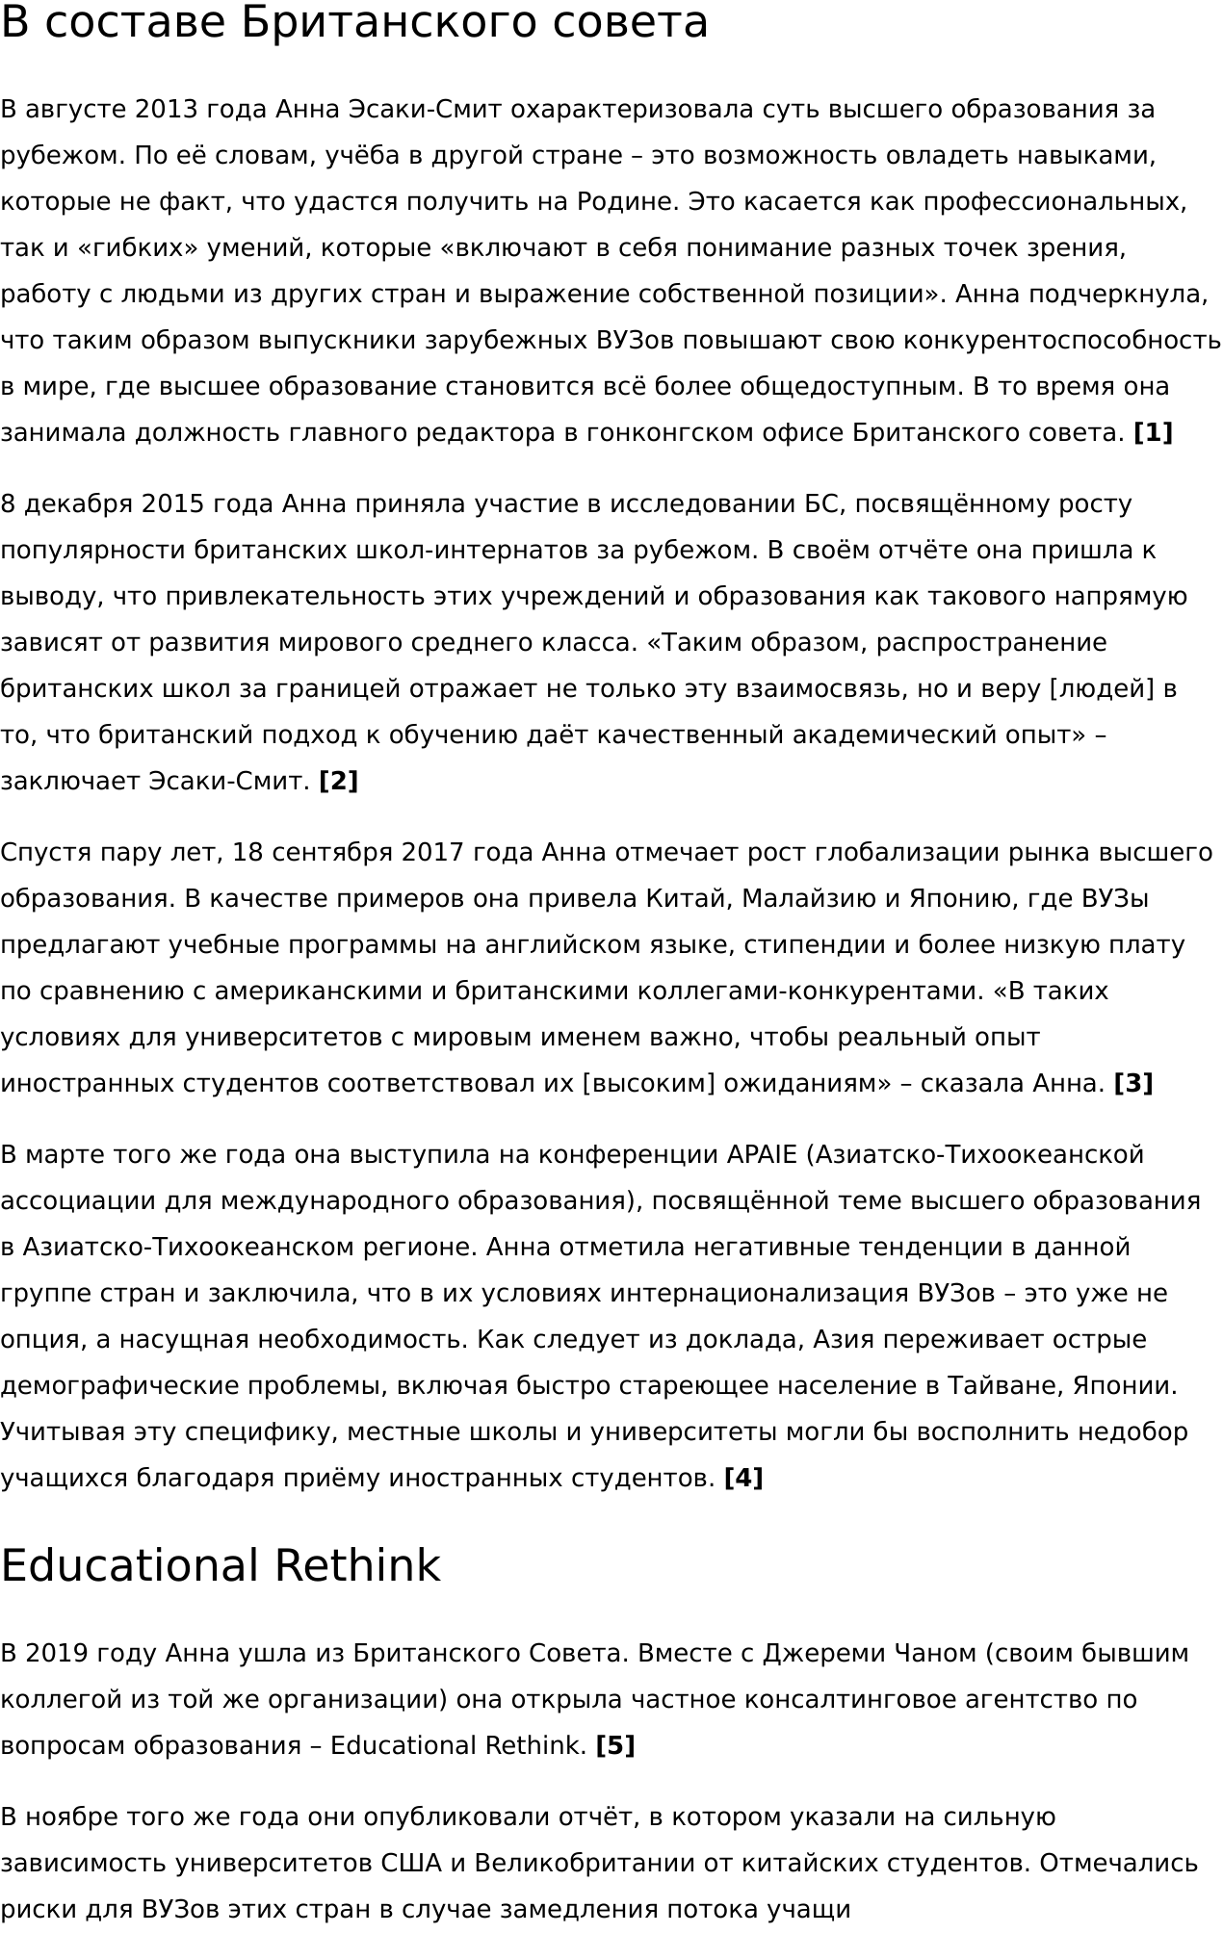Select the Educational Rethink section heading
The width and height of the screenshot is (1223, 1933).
coord(220,1566)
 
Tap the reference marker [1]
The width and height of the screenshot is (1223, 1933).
coord(1153,433)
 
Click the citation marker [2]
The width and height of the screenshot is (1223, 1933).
coord(338,782)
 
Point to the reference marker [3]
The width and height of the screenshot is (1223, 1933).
coord(1132,1084)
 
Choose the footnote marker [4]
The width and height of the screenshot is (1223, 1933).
coord(742,1479)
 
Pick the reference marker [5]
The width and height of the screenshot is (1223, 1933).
coord(615,1746)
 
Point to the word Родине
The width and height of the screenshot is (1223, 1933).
coord(617,202)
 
